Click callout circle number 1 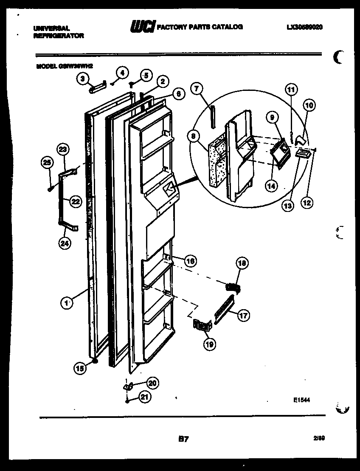65,303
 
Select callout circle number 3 83,78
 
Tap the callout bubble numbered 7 197,89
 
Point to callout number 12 307,203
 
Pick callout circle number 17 243,316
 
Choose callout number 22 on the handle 75,202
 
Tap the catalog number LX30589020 304,27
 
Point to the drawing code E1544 301,400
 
